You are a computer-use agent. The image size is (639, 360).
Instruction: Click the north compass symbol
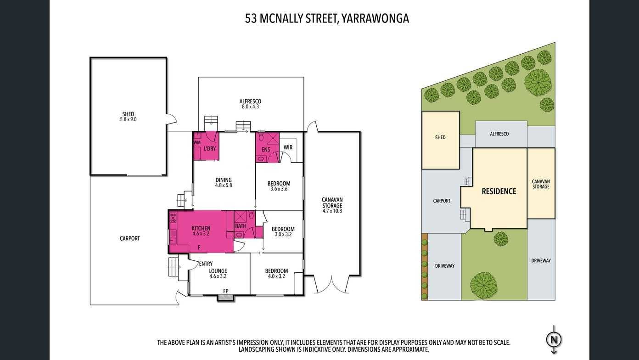[554, 340]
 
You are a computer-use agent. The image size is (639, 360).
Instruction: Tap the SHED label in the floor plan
[128, 114]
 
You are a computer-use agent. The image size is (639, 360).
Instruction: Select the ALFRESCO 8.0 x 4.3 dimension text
[250, 107]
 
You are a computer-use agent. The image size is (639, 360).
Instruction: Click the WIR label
[288, 147]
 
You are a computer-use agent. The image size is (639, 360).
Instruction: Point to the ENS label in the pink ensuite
[266, 150]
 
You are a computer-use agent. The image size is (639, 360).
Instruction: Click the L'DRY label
[210, 148]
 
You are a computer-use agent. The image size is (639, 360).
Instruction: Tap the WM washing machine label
[197, 142]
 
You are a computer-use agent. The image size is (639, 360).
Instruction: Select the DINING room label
[224, 180]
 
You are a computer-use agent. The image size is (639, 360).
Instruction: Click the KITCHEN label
[201, 228]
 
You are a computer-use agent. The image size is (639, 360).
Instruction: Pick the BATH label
[241, 226]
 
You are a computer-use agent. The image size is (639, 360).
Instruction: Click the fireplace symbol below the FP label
[226, 298]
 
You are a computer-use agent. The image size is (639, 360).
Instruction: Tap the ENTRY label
[206, 264]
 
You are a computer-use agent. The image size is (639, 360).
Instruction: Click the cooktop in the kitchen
[173, 218]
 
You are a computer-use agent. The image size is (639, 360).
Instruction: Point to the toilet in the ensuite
[261, 137]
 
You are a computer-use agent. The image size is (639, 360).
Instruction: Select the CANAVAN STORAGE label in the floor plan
[332, 202]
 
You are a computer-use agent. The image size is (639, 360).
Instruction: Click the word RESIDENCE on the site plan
[499, 191]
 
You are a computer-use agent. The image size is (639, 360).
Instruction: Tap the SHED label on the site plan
[440, 137]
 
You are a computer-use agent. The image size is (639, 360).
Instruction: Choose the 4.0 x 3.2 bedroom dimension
[276, 276]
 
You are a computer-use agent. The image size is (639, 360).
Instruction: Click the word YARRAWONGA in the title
[375, 18]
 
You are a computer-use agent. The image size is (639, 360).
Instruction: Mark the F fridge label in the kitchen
[199, 247]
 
